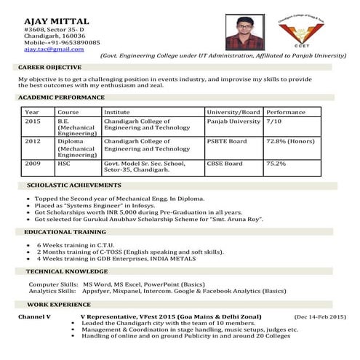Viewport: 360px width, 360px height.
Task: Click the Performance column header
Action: tap(286, 112)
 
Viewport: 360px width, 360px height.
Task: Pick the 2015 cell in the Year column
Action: tap(33, 121)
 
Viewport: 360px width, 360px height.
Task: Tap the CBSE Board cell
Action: tap(225, 164)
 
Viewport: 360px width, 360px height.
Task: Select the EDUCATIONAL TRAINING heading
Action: tap(65, 231)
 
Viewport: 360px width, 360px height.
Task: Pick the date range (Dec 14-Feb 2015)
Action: tap(320, 317)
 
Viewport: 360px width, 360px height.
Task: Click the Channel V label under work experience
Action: tap(34, 317)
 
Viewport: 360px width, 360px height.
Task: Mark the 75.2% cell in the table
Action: tap(276, 164)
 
